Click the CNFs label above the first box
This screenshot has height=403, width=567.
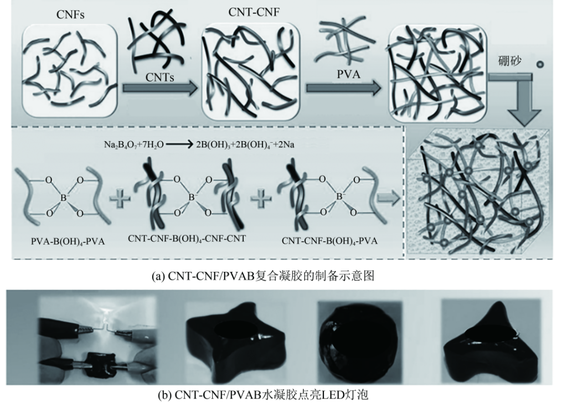[70, 15]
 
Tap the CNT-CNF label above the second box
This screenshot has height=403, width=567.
[254, 12]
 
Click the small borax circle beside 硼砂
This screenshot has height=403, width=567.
[540, 65]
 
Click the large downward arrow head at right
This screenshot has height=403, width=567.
[524, 116]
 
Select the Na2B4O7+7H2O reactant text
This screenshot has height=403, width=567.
[134, 145]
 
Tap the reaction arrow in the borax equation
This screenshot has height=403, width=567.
[180, 144]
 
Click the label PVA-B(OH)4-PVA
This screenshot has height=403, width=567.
[68, 241]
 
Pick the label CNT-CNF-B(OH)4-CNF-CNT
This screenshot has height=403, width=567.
[187, 239]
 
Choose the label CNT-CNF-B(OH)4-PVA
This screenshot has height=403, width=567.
[329, 241]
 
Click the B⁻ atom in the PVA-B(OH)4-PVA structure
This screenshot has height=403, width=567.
[64, 197]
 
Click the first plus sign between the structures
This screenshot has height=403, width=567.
[120, 198]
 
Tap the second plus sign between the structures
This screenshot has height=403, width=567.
[261, 198]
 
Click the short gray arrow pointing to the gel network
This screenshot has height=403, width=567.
[388, 198]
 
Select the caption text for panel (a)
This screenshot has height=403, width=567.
[263, 276]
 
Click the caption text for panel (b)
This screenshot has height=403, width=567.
[263, 394]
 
